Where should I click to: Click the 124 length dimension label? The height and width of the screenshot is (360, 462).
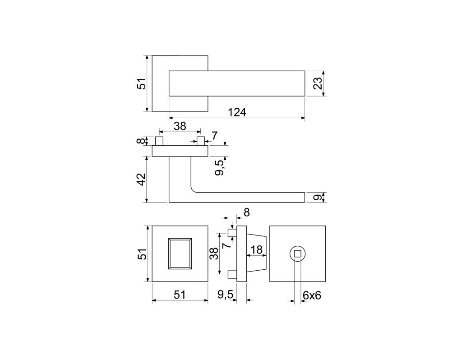click(x=237, y=112)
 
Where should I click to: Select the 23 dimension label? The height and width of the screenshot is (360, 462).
click(x=317, y=83)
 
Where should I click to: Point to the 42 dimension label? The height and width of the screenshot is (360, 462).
click(x=142, y=179)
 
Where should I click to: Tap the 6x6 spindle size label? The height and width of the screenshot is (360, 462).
click(x=312, y=295)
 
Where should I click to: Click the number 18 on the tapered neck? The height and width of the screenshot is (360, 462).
click(x=256, y=250)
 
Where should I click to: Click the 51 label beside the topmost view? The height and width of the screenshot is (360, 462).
click(x=142, y=83)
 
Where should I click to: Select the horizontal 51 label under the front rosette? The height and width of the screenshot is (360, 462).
click(x=180, y=295)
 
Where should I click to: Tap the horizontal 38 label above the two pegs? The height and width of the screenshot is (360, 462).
click(x=180, y=126)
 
